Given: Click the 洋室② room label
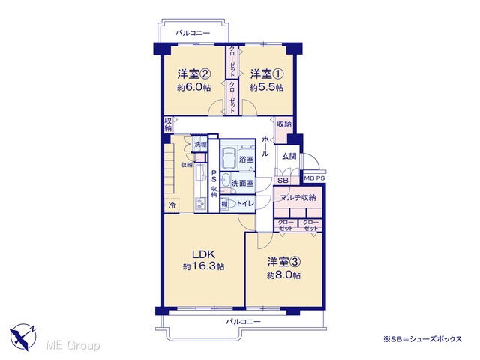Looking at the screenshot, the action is click(193, 73).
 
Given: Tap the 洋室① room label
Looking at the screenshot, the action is click(267, 73).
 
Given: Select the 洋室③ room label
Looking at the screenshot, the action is click(283, 262).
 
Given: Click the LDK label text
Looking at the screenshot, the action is click(203, 254).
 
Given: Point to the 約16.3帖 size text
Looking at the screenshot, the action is click(203, 266).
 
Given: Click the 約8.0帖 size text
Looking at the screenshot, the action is click(283, 275).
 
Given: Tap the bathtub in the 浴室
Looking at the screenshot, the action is click(228, 159).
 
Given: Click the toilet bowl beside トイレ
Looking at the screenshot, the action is click(232, 204).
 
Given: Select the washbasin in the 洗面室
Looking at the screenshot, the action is click(225, 181).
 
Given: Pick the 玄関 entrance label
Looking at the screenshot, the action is click(289, 156).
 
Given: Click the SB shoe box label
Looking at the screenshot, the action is click(283, 181).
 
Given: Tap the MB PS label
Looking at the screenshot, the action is click(314, 178).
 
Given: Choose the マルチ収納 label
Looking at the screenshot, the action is click(298, 197).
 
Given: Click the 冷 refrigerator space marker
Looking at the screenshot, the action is click(172, 205).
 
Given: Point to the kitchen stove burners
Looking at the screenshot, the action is click(201, 204).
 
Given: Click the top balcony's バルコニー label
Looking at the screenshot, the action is click(193, 33).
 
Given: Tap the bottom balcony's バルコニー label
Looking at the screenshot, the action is click(243, 322).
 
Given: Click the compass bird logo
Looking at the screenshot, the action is click(23, 336).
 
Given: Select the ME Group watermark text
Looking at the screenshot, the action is click(73, 346).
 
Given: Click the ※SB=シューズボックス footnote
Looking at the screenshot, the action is click(422, 339).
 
